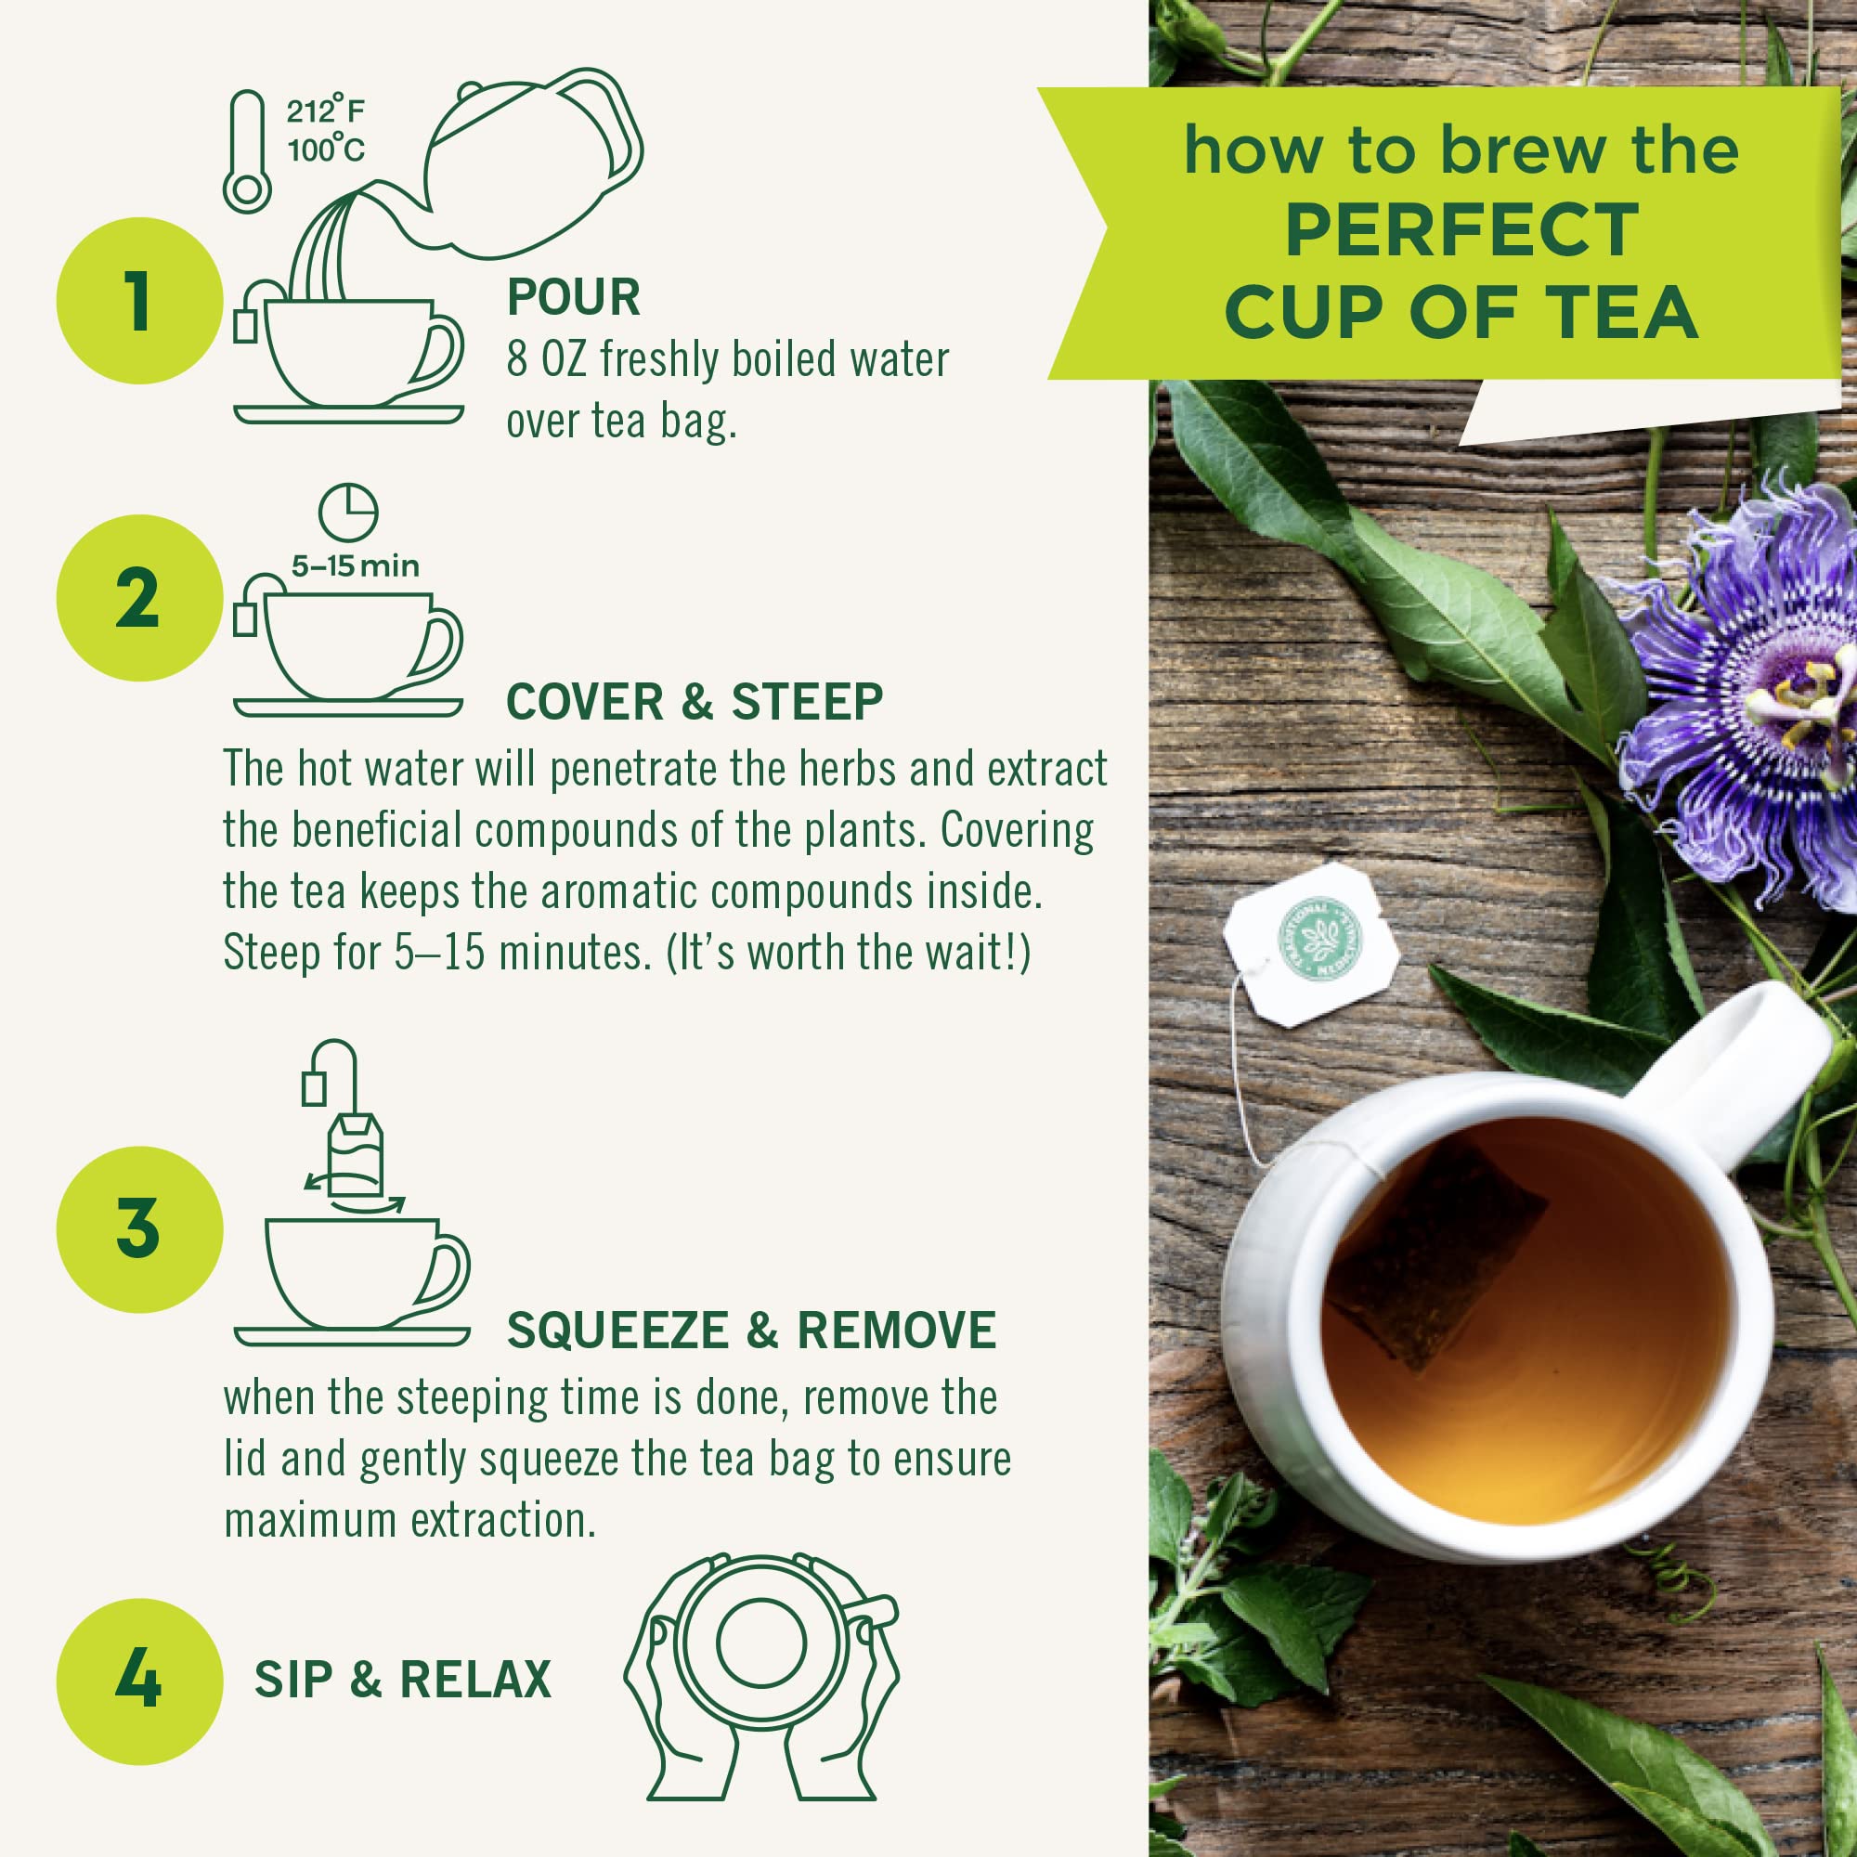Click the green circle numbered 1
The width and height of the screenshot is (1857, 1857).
[x=139, y=301]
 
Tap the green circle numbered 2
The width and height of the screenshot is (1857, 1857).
[x=139, y=599]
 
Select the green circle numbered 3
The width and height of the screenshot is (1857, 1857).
[x=139, y=1229]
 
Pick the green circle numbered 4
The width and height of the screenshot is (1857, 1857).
[x=139, y=1681]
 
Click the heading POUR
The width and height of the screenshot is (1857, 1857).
[x=573, y=298]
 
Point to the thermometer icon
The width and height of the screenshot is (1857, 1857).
[x=247, y=152]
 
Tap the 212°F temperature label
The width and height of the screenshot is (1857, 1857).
[x=325, y=111]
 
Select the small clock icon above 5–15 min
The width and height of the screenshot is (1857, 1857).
[x=348, y=513]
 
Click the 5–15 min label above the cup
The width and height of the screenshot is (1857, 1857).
[x=356, y=565]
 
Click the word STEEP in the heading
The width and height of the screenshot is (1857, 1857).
[x=807, y=702]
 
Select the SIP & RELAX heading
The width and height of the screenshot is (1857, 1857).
[x=402, y=1681]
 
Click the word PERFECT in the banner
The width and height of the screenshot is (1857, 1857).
[x=1460, y=230]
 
